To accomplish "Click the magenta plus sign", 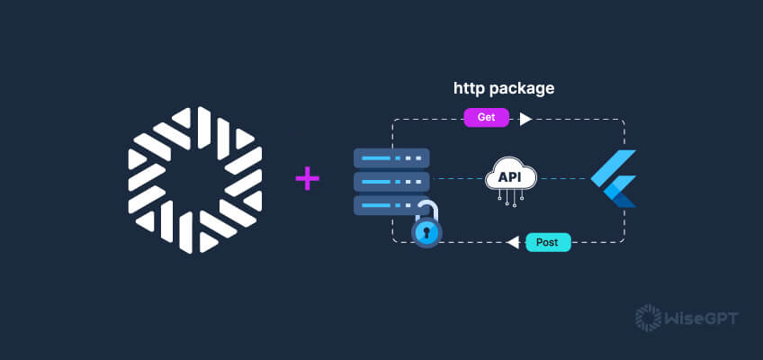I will click(x=308, y=179).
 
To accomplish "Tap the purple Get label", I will click(x=486, y=118).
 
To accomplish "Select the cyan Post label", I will click(x=548, y=242).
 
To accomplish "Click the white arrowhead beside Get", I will click(x=525, y=119).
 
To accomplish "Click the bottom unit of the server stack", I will click(x=389, y=205).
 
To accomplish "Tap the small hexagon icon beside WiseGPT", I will click(x=647, y=317).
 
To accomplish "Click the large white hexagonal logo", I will click(x=194, y=180).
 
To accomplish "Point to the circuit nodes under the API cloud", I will click(x=510, y=202).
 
